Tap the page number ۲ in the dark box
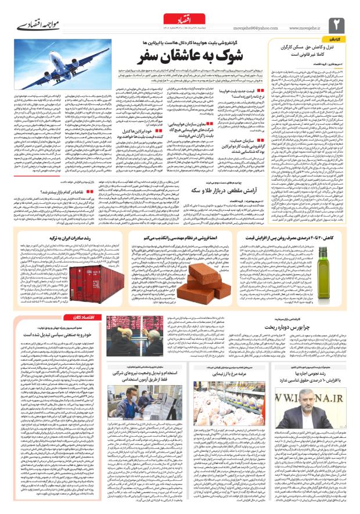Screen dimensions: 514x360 (338, 24)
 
